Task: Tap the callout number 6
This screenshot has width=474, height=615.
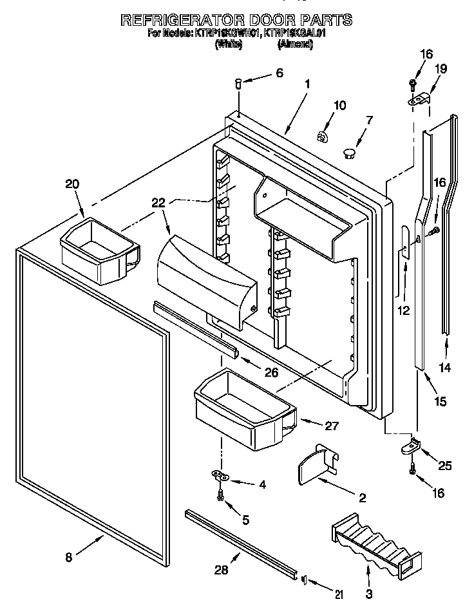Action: [x=279, y=73]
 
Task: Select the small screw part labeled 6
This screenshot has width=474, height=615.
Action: [x=238, y=82]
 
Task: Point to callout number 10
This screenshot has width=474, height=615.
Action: [x=339, y=105]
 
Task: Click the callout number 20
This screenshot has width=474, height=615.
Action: [x=71, y=185]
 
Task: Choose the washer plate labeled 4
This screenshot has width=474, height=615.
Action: [x=221, y=476]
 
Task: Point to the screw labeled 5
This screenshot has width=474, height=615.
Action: [x=221, y=496]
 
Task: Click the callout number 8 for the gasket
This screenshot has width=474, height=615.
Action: [x=70, y=558]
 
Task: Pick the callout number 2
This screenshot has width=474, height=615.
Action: [x=361, y=497]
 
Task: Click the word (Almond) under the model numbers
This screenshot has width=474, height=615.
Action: [x=295, y=44]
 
